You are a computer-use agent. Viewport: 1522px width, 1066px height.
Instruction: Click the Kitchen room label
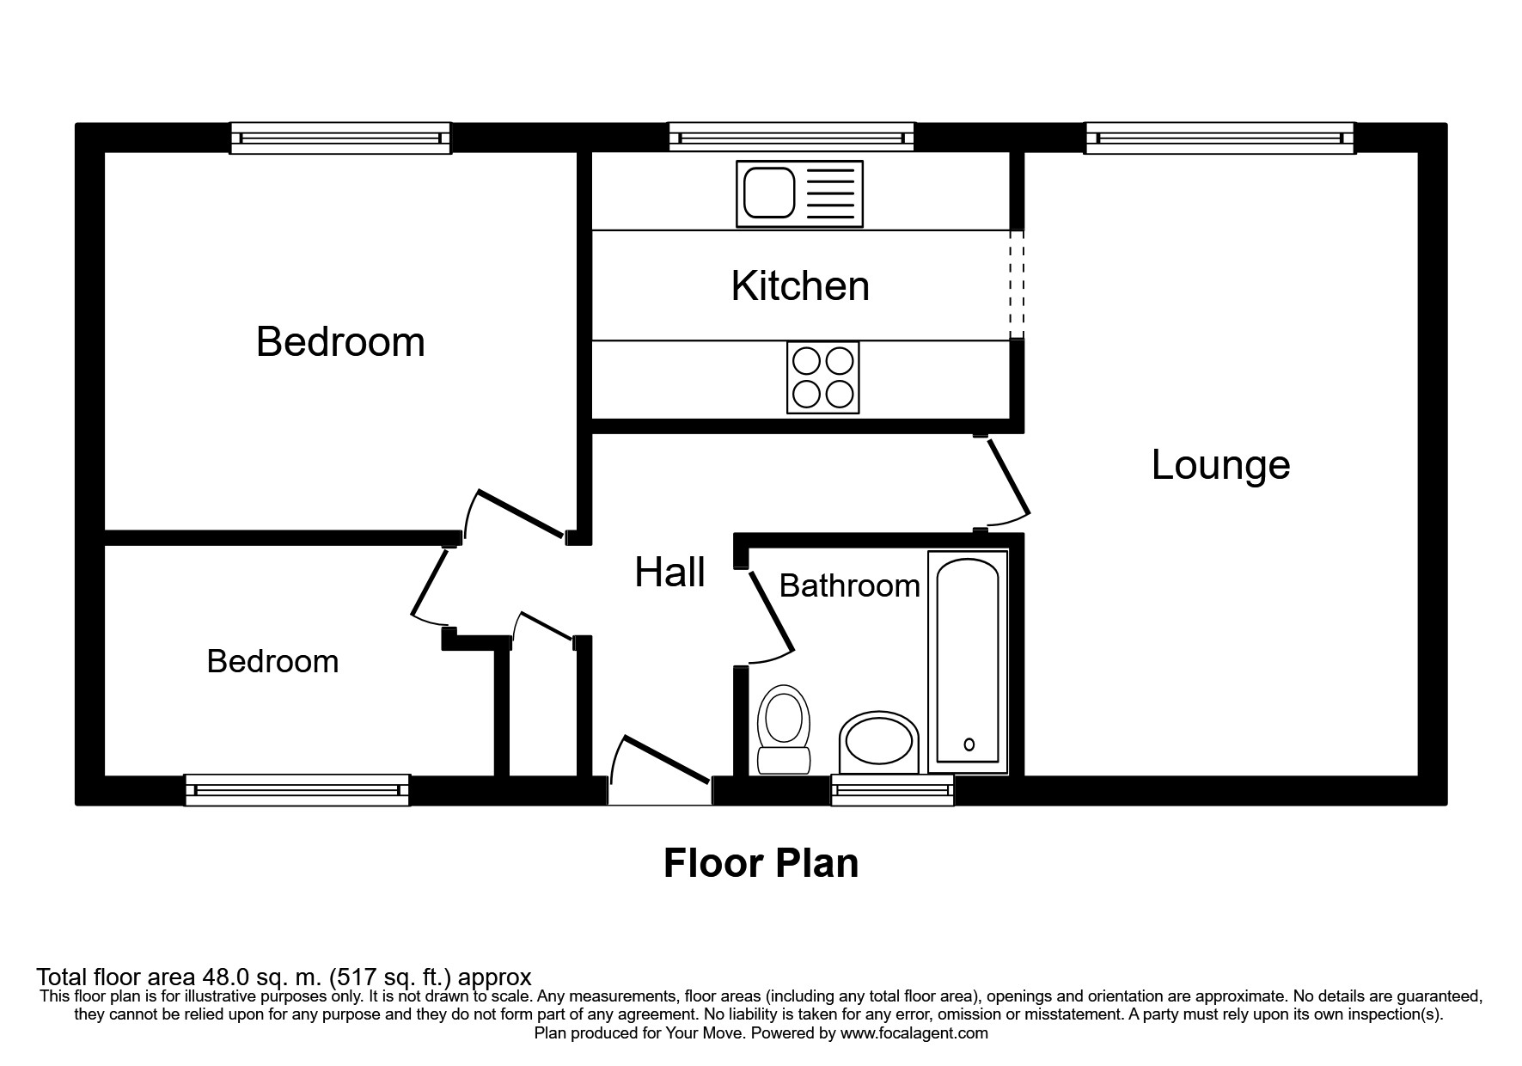(x=800, y=286)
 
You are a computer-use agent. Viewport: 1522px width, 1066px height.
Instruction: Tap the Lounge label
(x=1220, y=465)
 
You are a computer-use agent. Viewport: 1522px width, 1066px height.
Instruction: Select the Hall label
(x=669, y=572)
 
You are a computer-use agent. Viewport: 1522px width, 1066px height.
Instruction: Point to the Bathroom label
(x=849, y=586)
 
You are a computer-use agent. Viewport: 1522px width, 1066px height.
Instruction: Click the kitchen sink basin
(x=769, y=193)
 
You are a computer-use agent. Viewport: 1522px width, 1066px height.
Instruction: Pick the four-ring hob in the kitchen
(x=822, y=377)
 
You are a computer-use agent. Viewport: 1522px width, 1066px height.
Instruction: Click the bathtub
(x=968, y=661)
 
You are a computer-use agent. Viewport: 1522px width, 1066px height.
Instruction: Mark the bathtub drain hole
(x=969, y=744)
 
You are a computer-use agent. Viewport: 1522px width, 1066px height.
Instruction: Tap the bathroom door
(x=769, y=617)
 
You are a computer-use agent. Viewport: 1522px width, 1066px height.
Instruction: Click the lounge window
(x=1219, y=138)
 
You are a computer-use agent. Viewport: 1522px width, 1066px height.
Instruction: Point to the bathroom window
(x=893, y=789)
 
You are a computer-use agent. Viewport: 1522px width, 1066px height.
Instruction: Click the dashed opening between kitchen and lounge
(x=1017, y=285)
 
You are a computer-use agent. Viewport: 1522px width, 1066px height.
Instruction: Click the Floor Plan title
(x=761, y=863)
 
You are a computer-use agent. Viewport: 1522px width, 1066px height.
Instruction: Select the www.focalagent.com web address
(x=914, y=1033)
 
